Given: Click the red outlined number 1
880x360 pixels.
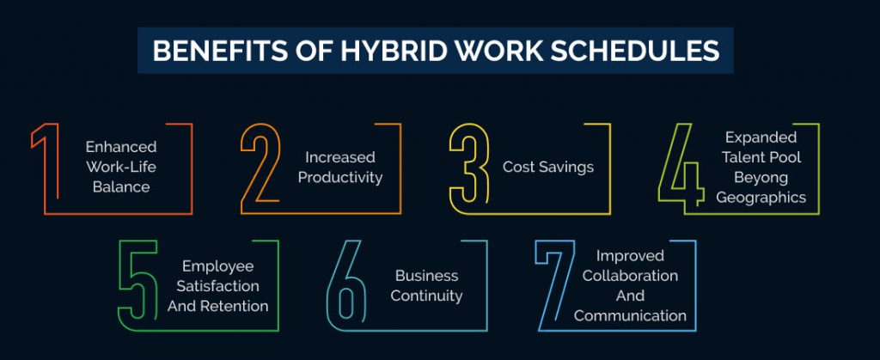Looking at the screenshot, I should (47, 168).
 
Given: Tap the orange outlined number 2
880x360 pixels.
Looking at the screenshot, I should (260, 168).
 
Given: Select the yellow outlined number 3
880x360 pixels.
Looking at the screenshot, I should (469, 168).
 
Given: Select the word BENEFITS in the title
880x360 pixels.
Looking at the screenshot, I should (206, 51).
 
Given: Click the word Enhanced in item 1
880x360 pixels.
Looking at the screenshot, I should (121, 146).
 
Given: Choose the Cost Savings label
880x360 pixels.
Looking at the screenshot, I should (548, 167).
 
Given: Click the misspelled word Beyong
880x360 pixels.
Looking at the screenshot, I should (761, 177).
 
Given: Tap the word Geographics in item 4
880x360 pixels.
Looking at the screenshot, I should (761, 198).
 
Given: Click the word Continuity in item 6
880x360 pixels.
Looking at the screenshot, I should (426, 296).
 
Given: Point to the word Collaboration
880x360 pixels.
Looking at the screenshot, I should (630, 275).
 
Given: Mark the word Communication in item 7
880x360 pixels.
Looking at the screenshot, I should (630, 315).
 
